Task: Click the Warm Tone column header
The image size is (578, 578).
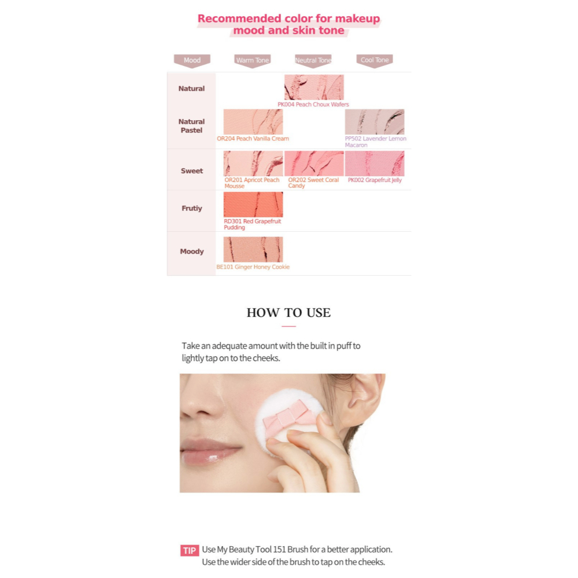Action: coord(253,60)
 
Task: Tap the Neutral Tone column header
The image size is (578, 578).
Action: coord(313,60)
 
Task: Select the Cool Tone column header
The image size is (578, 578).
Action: coord(375,60)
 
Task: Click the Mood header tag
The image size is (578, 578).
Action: coord(192,60)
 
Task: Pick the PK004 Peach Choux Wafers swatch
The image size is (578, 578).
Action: coord(314,87)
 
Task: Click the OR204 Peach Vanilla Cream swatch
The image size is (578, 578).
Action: coord(253,122)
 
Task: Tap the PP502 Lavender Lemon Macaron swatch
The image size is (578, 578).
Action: coord(375,122)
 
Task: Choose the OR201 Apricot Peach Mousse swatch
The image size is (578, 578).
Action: coord(253,164)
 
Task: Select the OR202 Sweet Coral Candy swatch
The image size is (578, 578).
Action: coord(314,164)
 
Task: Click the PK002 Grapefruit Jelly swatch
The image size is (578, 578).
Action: coord(375,164)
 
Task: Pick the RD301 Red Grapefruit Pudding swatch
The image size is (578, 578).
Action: coord(253,205)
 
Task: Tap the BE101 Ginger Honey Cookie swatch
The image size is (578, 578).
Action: coord(253,249)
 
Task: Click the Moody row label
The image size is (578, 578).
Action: coord(192,251)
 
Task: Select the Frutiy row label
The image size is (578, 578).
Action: coord(192,208)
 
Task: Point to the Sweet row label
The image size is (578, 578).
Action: coord(192,171)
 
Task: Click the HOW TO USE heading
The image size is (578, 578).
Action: coord(288,313)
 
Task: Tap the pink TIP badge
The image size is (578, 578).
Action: coord(189,550)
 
